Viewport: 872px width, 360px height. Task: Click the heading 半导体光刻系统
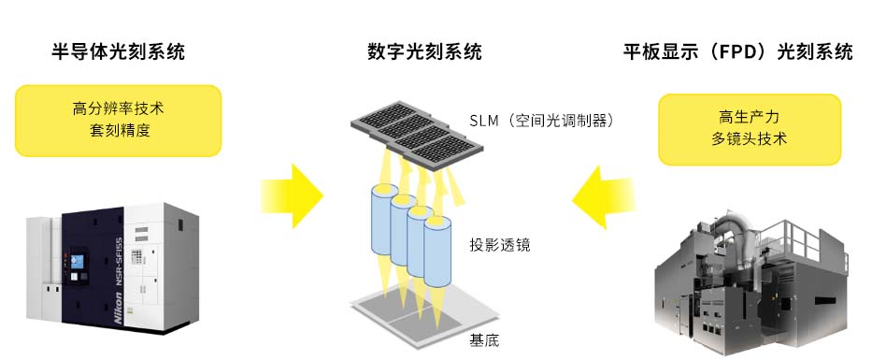click(x=118, y=52)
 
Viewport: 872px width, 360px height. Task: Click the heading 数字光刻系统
click(x=425, y=52)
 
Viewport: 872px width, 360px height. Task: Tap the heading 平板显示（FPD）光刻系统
click(x=738, y=52)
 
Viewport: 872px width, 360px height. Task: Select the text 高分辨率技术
click(x=118, y=108)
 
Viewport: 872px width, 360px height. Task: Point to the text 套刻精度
click(x=120, y=131)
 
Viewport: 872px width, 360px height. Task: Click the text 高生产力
click(x=749, y=117)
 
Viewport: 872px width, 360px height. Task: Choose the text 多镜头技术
click(x=749, y=139)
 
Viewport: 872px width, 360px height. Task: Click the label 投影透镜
click(x=500, y=244)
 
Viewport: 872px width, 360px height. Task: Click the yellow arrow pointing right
click(x=293, y=195)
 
